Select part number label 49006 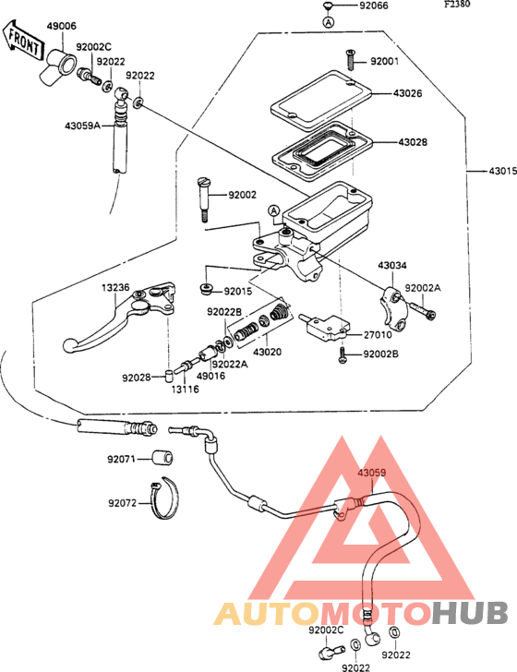(x=62, y=26)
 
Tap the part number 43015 (x=502, y=172)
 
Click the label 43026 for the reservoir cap (x=408, y=93)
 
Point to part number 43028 (x=413, y=142)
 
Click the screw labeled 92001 (x=351, y=60)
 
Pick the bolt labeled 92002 (x=203, y=199)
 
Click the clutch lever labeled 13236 (x=120, y=318)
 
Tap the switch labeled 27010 (x=326, y=328)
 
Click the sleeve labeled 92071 (x=162, y=459)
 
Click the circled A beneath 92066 (x=329, y=21)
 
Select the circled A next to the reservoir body (x=274, y=210)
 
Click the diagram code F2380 (x=457, y=5)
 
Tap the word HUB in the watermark (x=470, y=612)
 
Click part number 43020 (x=267, y=352)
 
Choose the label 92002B (x=381, y=354)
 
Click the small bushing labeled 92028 (x=169, y=376)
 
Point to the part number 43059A (x=83, y=126)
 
